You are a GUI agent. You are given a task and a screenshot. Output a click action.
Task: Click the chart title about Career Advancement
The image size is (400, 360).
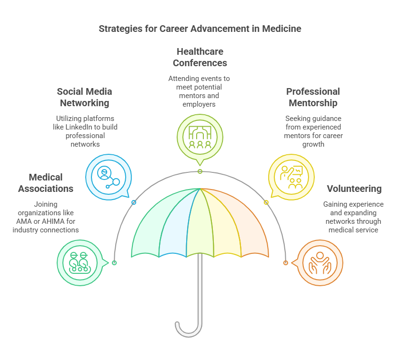pos(200,29)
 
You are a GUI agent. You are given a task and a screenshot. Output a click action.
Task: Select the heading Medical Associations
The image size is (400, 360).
pos(46,183)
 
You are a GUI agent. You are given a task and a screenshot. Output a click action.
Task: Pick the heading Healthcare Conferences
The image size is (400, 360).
pos(200,57)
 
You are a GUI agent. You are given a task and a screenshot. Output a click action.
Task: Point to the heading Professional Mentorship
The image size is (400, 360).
pos(313,97)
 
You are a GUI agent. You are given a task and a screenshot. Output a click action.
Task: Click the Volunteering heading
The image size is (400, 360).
pos(354,189)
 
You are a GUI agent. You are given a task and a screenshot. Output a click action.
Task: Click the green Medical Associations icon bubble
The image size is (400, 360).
pos(79,263)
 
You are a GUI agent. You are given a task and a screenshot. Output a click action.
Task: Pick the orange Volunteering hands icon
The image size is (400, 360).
pos(320,263)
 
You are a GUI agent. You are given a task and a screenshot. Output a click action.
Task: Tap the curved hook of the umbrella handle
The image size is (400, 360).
pos(188,329)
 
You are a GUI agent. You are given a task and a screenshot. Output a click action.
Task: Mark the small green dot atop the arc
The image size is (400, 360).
pos(200,171)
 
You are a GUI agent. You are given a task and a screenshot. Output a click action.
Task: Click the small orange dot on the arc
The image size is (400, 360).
pos(286,263)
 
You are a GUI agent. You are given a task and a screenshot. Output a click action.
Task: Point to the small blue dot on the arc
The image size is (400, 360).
pos(134,202)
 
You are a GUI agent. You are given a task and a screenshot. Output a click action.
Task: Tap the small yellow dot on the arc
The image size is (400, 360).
pos(266,202)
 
